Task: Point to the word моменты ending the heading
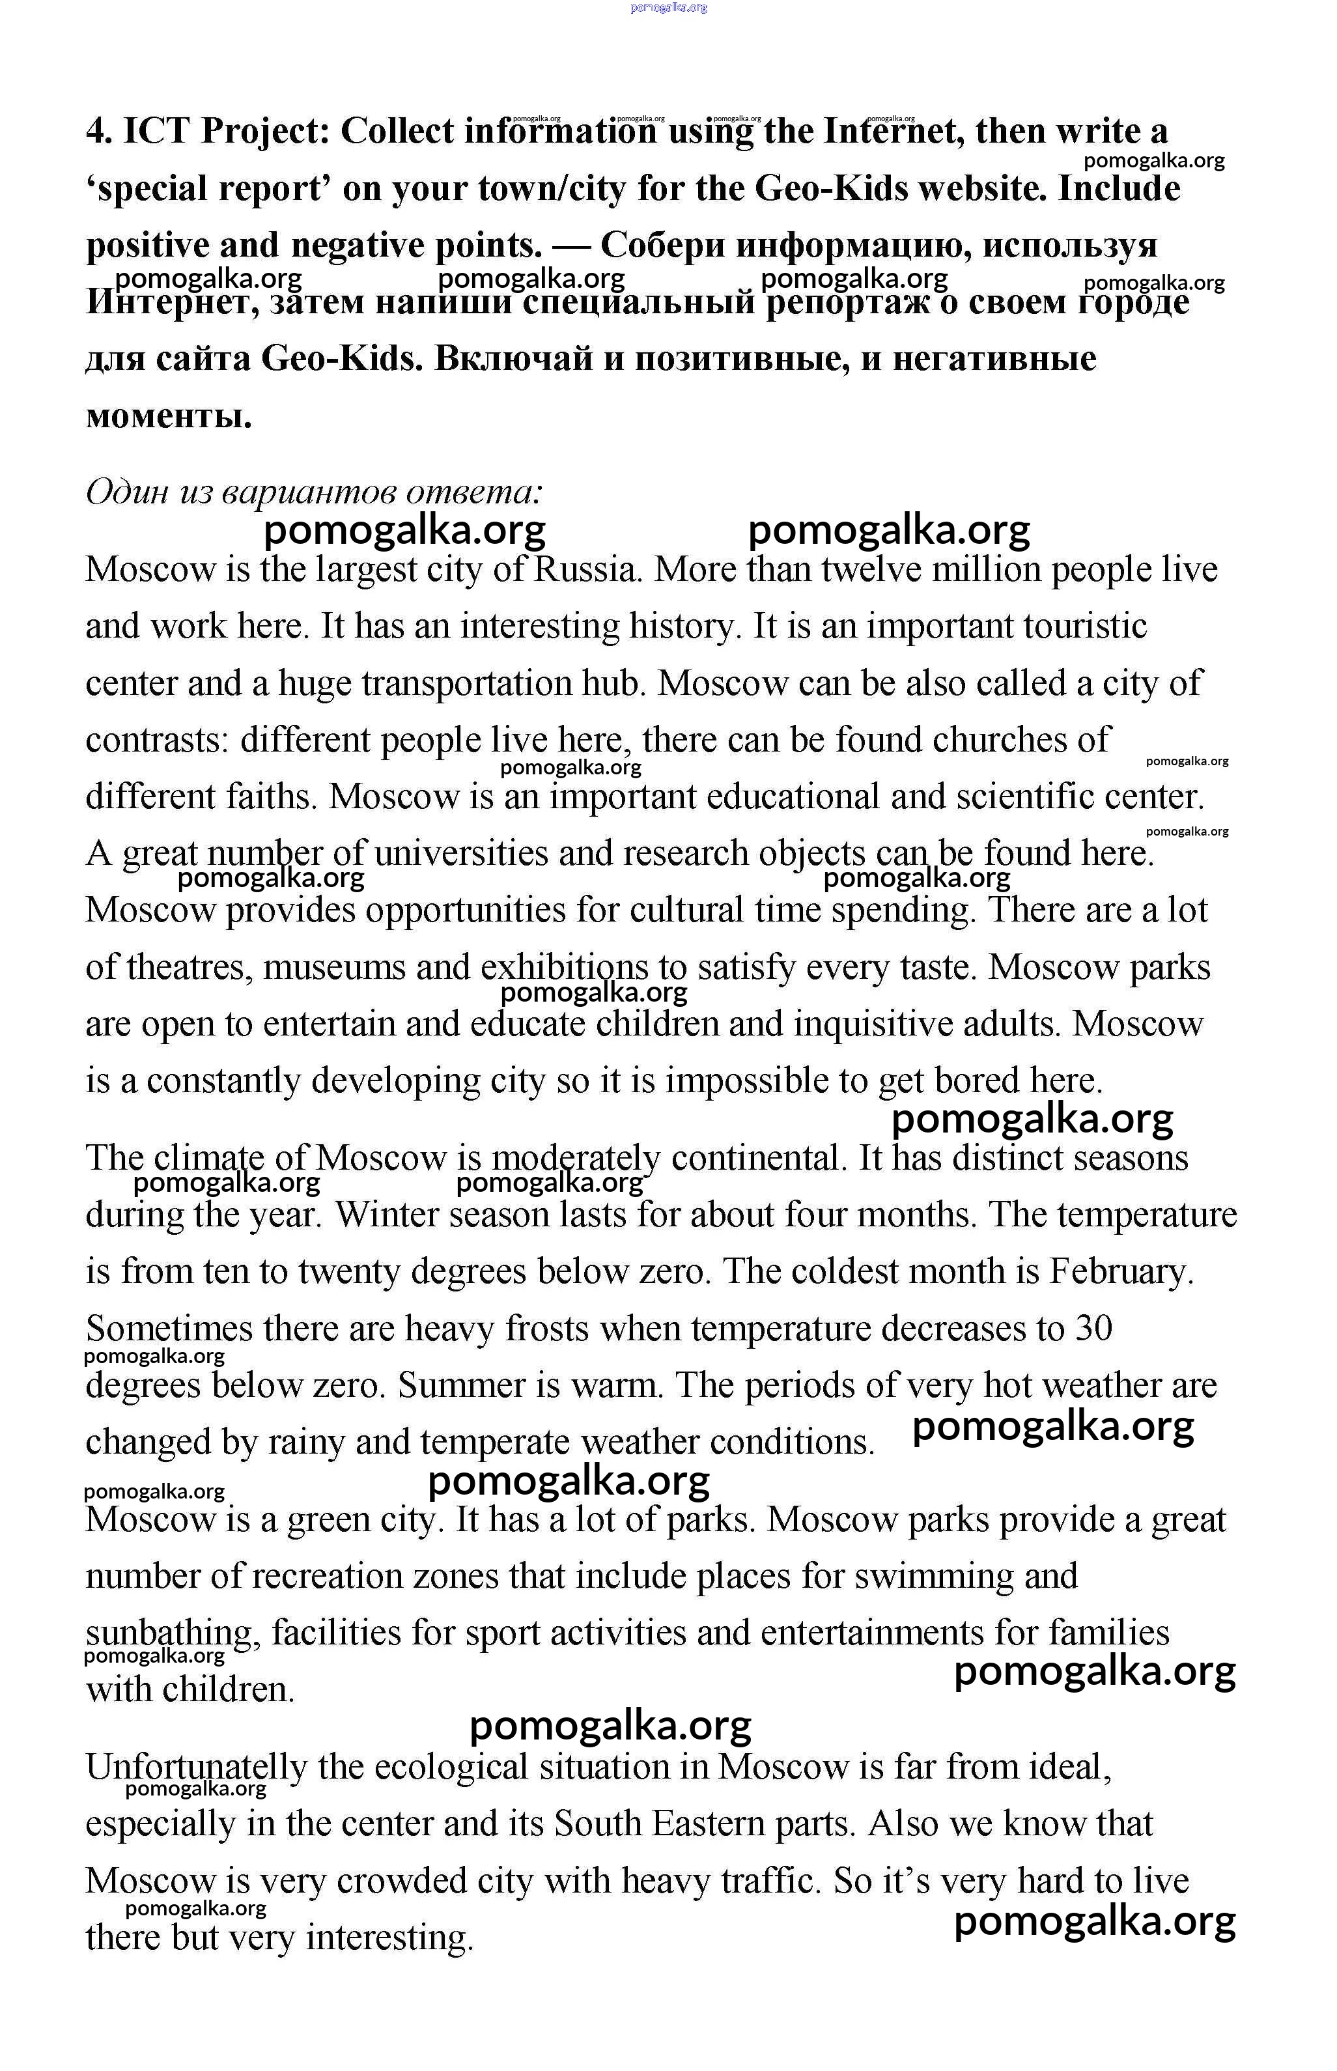[x=169, y=417]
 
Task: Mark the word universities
[x=461, y=853]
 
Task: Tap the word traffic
[x=769, y=1880]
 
